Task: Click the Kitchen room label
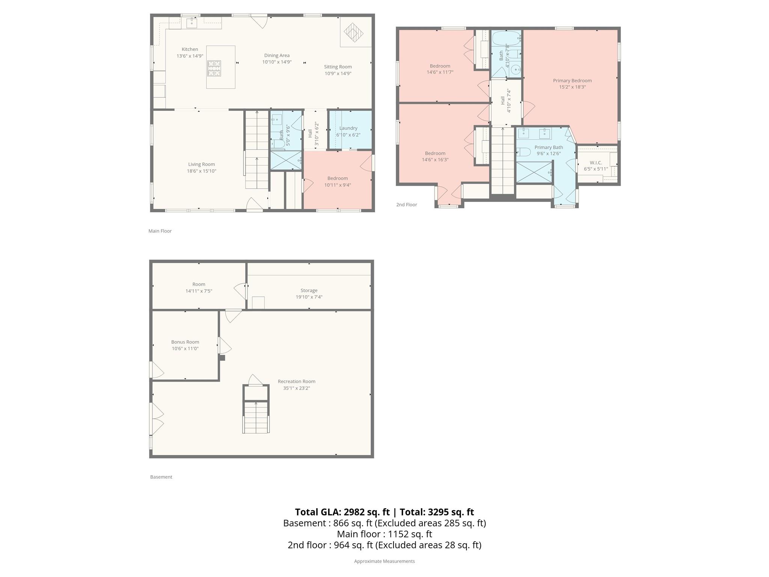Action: click(190, 49)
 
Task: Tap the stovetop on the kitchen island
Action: click(214, 68)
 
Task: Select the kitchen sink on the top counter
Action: click(192, 23)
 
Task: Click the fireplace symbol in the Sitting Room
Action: click(354, 33)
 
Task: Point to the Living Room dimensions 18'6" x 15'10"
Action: click(202, 171)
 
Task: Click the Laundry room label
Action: click(348, 128)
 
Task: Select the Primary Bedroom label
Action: click(572, 80)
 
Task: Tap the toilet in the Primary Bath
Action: click(523, 152)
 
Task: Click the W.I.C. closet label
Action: click(596, 163)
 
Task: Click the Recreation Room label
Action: click(296, 381)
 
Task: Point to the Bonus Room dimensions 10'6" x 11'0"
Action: click(185, 349)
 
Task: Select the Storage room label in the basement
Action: click(309, 290)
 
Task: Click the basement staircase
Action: click(256, 417)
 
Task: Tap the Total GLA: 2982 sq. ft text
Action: click(342, 512)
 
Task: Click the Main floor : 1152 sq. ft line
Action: click(384, 534)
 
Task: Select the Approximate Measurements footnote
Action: click(384, 561)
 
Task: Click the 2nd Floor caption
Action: click(406, 205)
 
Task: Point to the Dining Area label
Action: click(277, 56)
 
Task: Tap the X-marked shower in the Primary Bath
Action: click(534, 172)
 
